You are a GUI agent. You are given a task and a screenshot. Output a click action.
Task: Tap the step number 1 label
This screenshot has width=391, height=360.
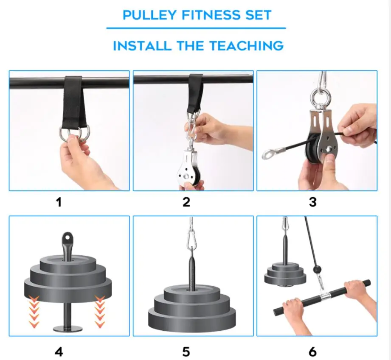point(59,202)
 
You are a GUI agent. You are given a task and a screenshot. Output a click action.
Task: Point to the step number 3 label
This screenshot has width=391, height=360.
point(312,202)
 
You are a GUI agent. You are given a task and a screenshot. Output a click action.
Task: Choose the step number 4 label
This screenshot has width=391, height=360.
point(59,351)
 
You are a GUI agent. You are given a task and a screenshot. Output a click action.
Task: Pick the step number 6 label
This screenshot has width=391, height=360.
point(312,351)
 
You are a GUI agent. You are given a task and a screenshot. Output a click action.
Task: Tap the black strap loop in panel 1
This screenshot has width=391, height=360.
point(73,106)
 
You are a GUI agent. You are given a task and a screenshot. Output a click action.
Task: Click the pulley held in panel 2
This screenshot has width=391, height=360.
point(191,170)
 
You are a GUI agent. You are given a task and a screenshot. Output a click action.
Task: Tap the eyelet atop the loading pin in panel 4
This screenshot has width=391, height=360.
point(68,238)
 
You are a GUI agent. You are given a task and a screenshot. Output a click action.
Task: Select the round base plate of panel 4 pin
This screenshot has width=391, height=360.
point(68,327)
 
